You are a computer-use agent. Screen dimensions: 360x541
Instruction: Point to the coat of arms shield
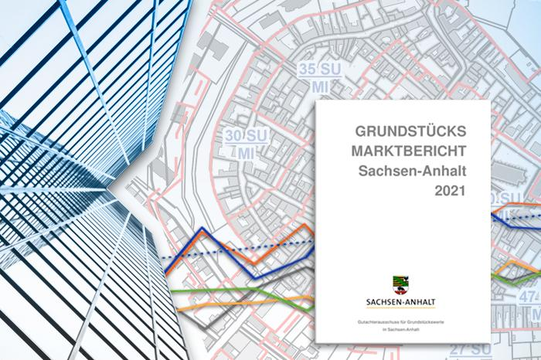pyautogui.click(x=403, y=283)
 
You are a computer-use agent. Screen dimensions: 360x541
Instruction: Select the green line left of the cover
pyautogui.click(x=232, y=290)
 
